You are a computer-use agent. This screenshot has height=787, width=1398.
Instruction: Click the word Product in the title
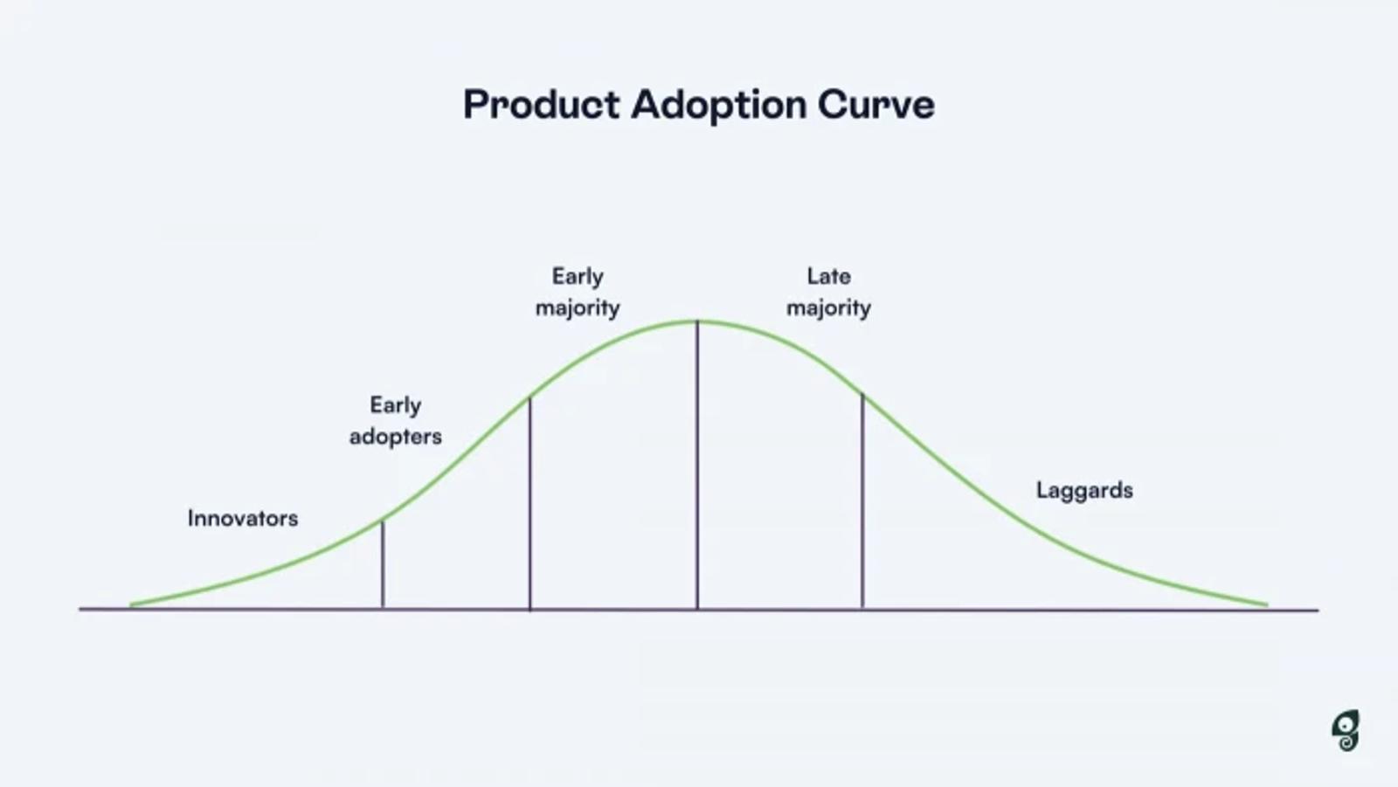[x=542, y=105]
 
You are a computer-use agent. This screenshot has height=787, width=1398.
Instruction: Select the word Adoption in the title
[x=718, y=105]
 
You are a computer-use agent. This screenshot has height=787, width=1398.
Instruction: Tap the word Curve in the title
[x=875, y=105]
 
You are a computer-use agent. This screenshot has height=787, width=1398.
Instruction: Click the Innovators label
[x=242, y=518]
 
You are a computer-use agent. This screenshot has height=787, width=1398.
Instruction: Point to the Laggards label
[x=1084, y=490]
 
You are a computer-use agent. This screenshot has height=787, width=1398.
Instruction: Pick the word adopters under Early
[x=395, y=436]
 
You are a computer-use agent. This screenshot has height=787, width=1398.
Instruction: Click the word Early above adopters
[x=395, y=405]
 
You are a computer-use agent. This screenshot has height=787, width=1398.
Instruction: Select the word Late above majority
[x=828, y=276]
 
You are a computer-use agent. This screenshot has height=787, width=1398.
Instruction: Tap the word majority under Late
[x=828, y=307]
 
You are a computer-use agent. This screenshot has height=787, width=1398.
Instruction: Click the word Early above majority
[x=578, y=276]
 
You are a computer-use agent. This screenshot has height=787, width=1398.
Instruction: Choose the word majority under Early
[x=578, y=307]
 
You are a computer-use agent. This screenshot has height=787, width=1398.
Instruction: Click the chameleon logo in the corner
[x=1346, y=730]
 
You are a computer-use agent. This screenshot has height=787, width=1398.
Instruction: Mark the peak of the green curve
[x=697, y=321]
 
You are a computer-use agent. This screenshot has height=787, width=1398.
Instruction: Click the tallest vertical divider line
[x=697, y=472]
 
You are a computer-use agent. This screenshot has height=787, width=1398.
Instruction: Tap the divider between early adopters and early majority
[x=529, y=507]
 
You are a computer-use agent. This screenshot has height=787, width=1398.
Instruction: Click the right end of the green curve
[x=1265, y=604]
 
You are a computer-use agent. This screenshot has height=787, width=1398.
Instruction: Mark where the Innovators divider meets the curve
[x=383, y=521]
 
